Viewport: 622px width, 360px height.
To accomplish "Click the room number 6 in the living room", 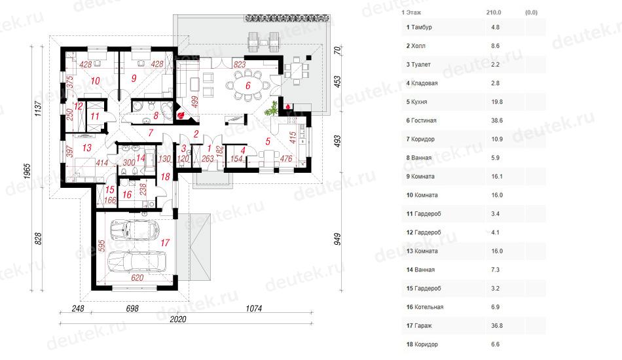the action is (x=248, y=85).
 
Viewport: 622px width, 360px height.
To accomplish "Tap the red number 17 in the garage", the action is (x=165, y=242).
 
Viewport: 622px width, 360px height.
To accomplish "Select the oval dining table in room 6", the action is (x=248, y=85).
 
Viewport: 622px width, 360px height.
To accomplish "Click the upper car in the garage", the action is (x=134, y=229).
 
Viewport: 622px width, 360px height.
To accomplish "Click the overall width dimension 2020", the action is (x=177, y=319).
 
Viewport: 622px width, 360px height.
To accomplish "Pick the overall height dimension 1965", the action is (x=27, y=171).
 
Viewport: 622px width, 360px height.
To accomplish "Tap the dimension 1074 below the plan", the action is (x=254, y=308).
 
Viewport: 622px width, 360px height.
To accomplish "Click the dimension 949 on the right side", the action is (x=337, y=239).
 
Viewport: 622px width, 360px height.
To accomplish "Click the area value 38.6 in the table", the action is (x=497, y=120).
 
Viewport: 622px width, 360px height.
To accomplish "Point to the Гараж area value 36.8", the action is (x=497, y=325).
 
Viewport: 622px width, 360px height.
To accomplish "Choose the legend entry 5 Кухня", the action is (x=416, y=102).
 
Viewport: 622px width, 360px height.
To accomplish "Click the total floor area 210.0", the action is (x=494, y=12).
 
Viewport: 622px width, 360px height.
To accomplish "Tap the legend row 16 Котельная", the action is (x=425, y=307).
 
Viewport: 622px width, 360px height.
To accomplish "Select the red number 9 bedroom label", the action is (x=134, y=78).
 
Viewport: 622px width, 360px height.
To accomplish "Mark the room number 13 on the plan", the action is (x=87, y=148).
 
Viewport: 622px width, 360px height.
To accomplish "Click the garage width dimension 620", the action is (x=137, y=278).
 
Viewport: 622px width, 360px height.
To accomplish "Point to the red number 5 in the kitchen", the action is (x=268, y=141).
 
